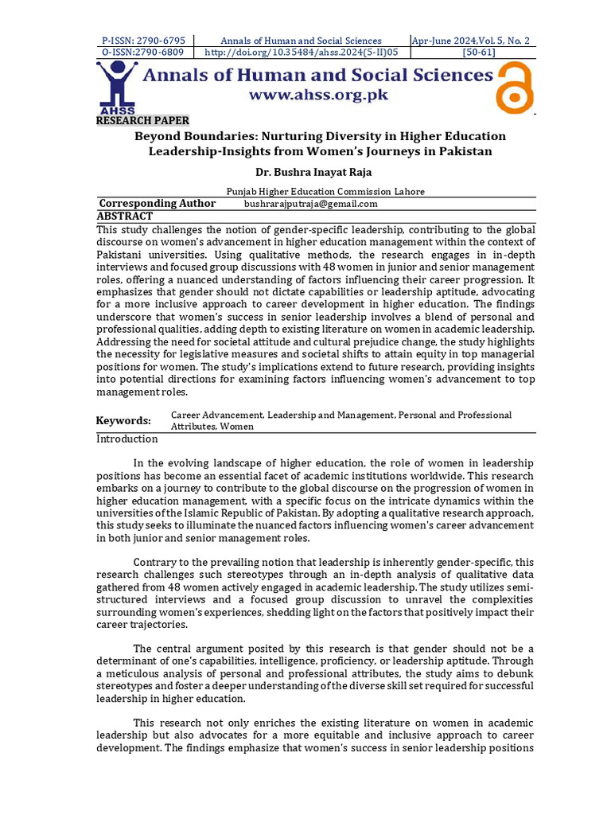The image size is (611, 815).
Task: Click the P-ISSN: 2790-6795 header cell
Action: (143, 41)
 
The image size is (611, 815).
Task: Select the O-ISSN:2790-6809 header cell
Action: (143, 53)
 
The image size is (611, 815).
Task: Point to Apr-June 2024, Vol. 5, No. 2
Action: (471, 41)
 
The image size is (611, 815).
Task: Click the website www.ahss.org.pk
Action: (318, 95)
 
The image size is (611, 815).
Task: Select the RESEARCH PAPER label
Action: (142, 121)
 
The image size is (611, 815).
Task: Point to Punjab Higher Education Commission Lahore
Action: (325, 191)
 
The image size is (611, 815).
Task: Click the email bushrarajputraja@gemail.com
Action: (310, 204)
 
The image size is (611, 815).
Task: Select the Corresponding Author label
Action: (157, 204)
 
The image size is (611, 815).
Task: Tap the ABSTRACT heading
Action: (124, 216)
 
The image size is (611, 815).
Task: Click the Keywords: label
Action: (123, 420)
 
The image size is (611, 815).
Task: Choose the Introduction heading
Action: (127, 439)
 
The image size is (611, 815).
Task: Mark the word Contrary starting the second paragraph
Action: (155, 562)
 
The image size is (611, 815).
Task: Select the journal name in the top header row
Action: (301, 41)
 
